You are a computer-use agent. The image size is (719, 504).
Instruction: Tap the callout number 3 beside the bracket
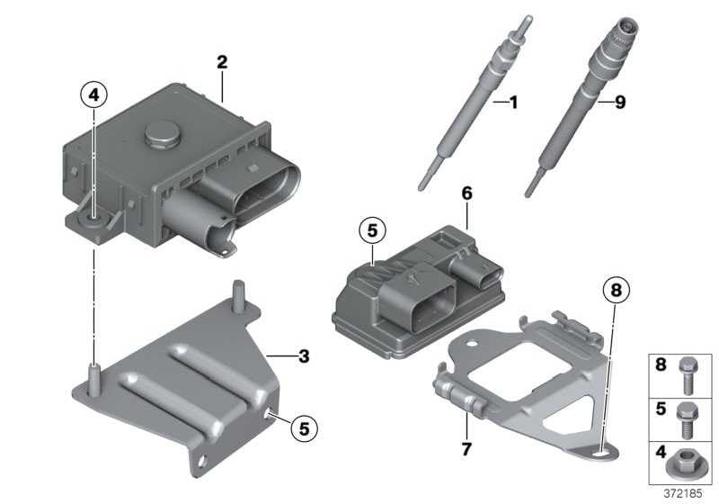304,356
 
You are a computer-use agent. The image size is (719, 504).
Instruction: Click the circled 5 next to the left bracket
304,428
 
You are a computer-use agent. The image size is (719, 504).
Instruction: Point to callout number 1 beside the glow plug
512,103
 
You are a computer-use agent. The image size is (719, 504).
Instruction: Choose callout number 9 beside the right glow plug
618,103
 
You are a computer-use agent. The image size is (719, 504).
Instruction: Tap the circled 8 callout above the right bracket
614,291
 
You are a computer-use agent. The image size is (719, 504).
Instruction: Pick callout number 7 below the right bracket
466,446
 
